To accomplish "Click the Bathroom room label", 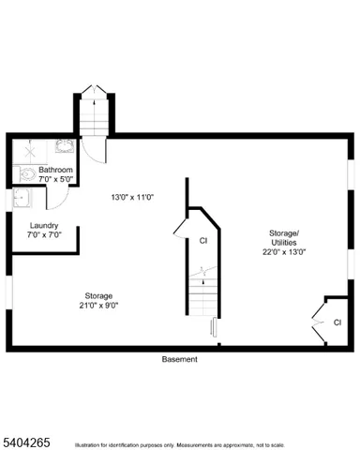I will pos(56,170).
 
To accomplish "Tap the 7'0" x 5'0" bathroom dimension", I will pos(56,179).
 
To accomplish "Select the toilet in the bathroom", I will pos(26,173).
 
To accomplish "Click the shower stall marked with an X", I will pos(27,148).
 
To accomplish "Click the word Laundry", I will pos(44,226).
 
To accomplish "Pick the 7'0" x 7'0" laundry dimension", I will pos(44,235).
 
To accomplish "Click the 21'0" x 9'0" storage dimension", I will pos(97,304).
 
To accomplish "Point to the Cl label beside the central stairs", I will pos(202,240).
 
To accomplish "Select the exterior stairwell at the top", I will pos(96,112).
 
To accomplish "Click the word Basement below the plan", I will pos(180,359).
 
